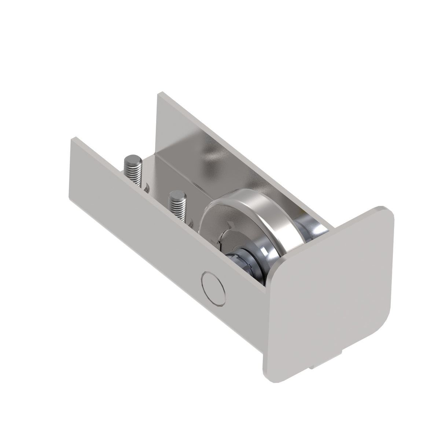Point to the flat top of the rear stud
(x=130, y=160)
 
